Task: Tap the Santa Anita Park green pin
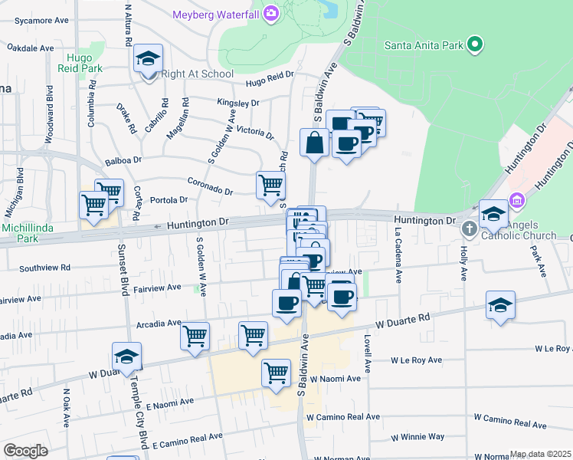[476, 44]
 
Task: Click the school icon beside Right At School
[148, 59]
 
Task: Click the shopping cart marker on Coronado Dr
[270, 185]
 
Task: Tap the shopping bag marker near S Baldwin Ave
[315, 143]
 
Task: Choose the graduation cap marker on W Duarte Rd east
[500, 306]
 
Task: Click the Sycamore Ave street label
[26, 21]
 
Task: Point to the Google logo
[25, 450]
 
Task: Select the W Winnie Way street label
[417, 437]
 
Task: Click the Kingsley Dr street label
[238, 103]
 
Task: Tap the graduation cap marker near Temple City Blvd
[127, 356]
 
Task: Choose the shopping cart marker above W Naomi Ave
[277, 373]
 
